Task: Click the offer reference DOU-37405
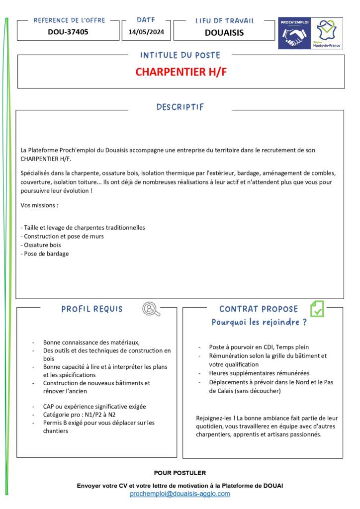click(x=68, y=32)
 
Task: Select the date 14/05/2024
click(x=146, y=32)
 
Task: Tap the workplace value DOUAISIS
click(x=224, y=33)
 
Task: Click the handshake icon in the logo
click(x=294, y=36)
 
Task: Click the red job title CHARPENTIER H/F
click(x=181, y=72)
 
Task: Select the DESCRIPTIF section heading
click(x=180, y=107)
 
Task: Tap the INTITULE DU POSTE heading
click(x=180, y=55)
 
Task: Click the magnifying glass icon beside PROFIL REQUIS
click(x=151, y=309)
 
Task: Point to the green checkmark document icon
click(x=317, y=309)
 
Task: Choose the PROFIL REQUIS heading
click(x=92, y=309)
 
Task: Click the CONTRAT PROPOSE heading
click(x=259, y=309)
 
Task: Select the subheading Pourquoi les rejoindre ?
click(x=259, y=322)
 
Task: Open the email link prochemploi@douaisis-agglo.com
click(x=180, y=494)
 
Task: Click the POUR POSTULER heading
click(x=180, y=473)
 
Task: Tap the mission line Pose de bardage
click(x=46, y=254)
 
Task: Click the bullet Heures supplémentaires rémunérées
click(x=259, y=373)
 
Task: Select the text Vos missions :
click(x=39, y=205)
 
